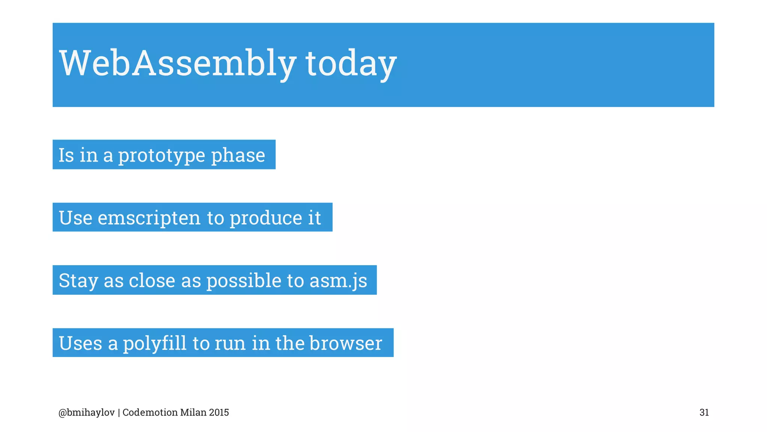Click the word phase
tap(238, 155)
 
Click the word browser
tap(346, 343)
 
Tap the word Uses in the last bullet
tap(81, 343)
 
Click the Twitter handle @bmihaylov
tap(87, 412)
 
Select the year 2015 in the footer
tap(219, 412)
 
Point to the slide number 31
tap(704, 412)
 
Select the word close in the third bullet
tap(152, 280)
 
